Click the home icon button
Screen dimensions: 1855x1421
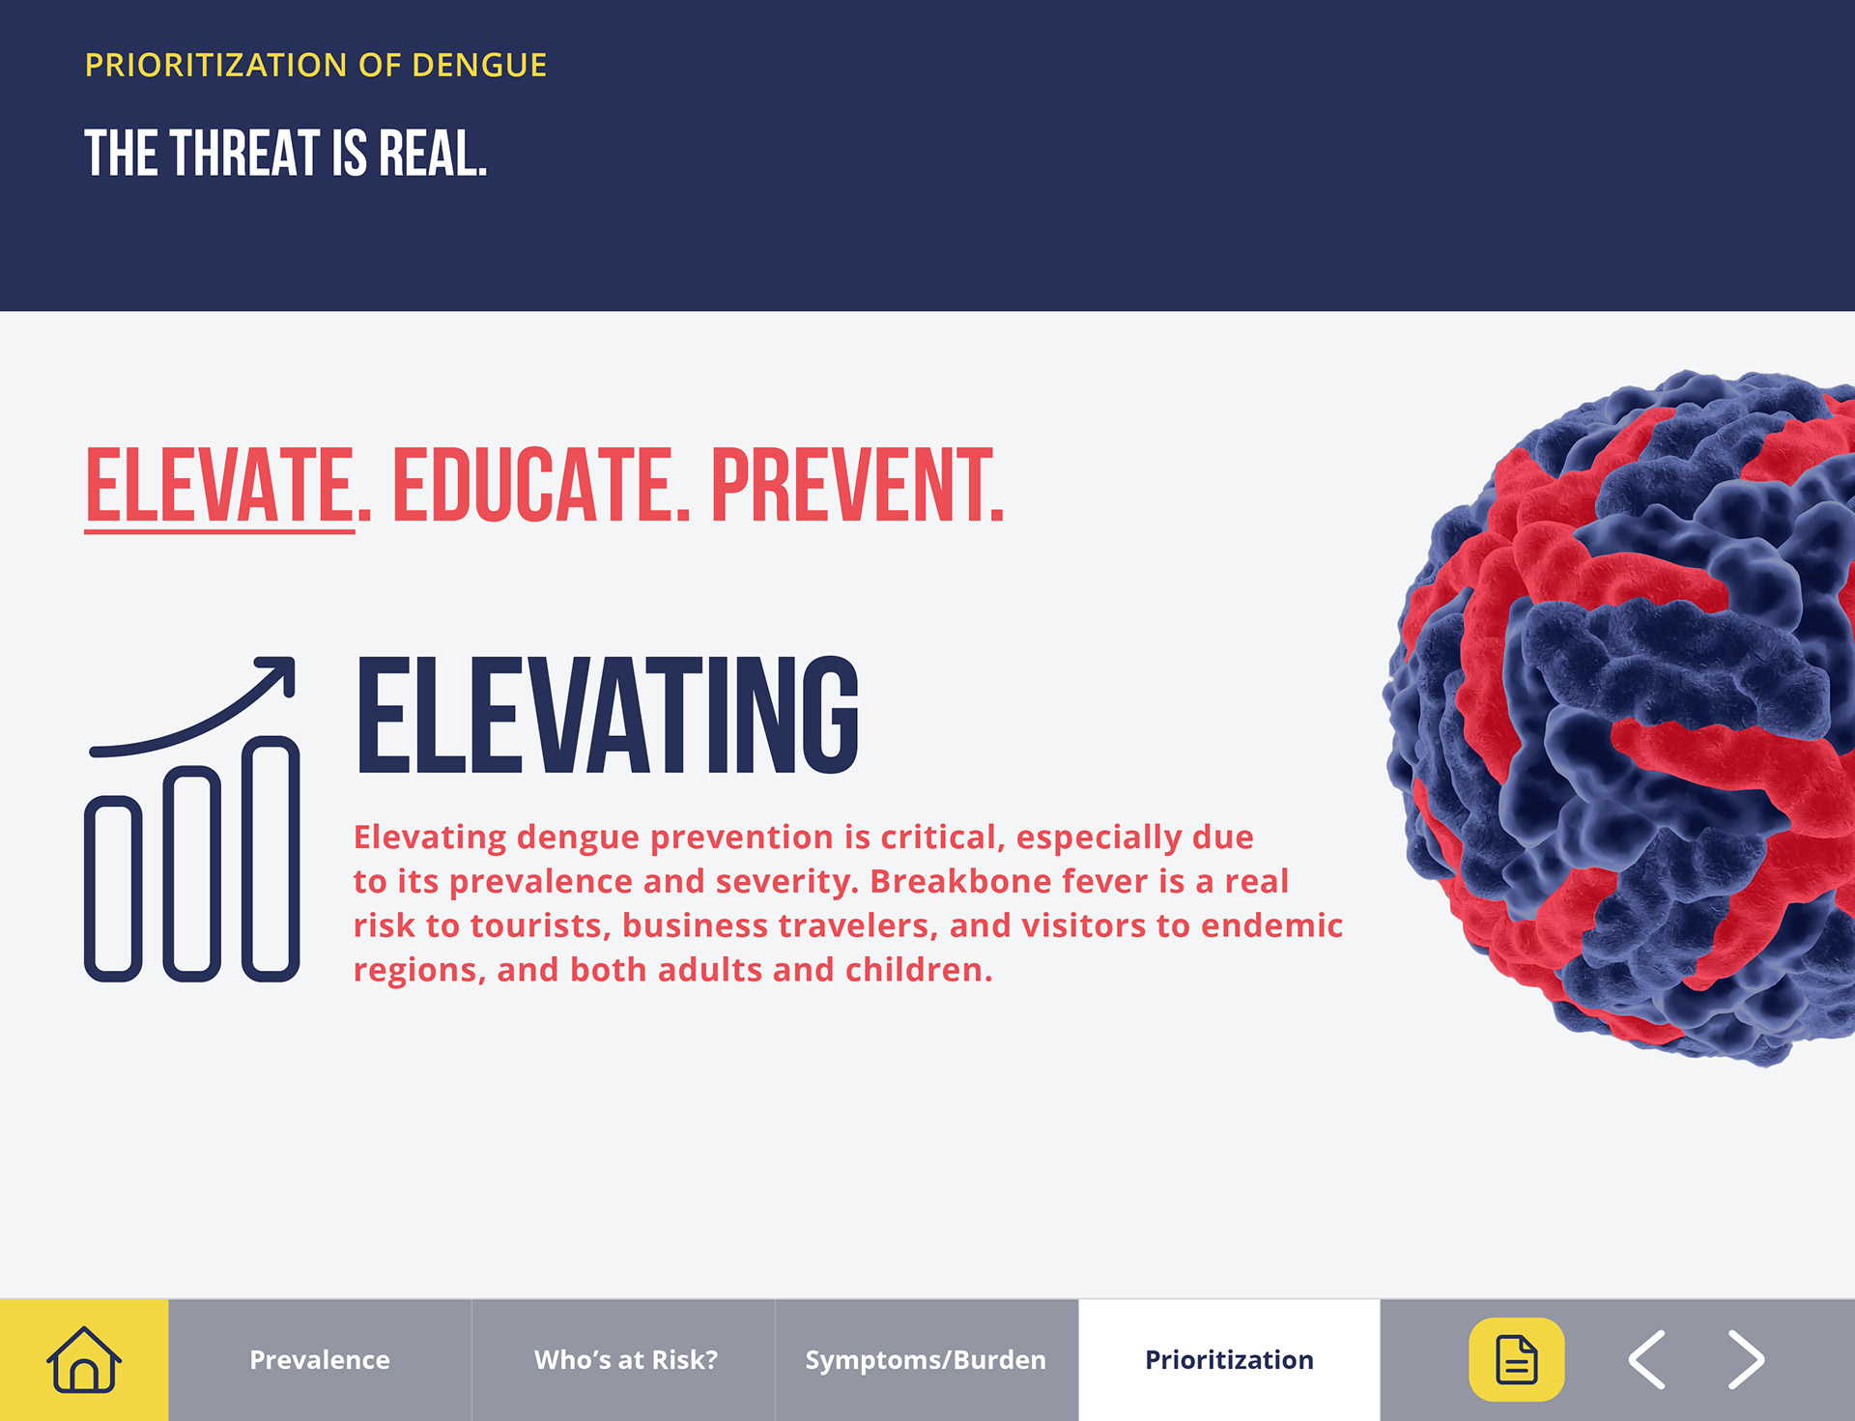84,1359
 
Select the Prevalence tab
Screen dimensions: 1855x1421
320,1359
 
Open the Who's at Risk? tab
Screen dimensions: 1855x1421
626,1359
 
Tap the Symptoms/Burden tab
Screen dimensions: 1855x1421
926,1359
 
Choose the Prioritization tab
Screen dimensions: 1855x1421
1229,1359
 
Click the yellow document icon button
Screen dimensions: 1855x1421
1516,1359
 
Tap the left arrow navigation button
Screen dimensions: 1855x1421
1647,1359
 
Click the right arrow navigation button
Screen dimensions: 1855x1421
1746,1359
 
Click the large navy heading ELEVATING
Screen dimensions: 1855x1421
608,715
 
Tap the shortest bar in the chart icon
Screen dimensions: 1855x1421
113,889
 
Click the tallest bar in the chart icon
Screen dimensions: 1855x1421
271,859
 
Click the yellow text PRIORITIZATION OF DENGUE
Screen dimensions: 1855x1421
316,65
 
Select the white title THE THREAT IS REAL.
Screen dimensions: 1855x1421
286,154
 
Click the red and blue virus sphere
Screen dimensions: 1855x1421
1623,717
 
